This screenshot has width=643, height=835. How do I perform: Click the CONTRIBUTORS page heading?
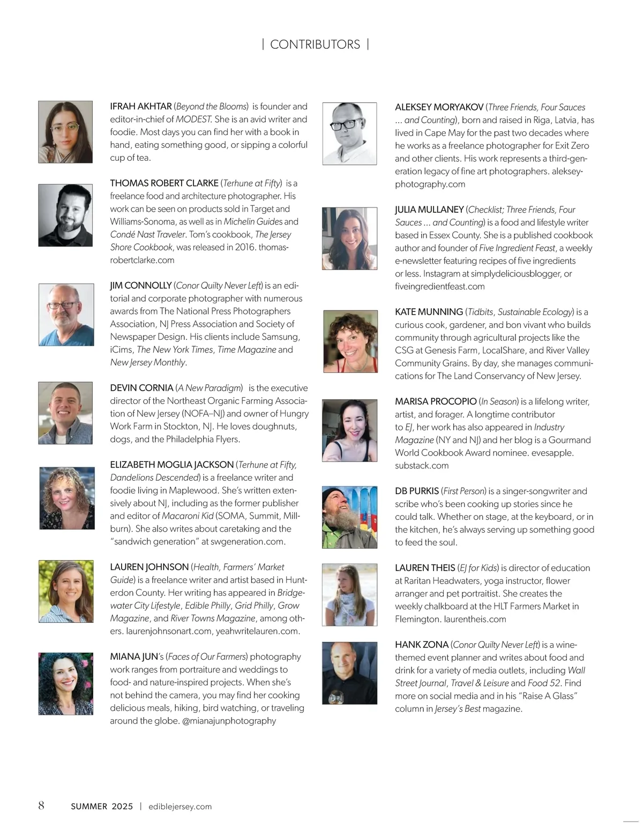click(x=315, y=44)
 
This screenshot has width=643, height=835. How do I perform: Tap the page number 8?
click(x=41, y=806)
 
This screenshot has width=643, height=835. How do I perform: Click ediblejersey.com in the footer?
click(x=180, y=807)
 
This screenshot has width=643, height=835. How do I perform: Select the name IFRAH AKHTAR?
click(x=141, y=107)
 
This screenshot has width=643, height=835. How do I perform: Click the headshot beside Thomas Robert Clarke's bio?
click(x=65, y=215)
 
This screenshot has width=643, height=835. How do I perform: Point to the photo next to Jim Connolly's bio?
click(x=66, y=315)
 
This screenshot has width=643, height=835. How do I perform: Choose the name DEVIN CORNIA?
click(x=141, y=388)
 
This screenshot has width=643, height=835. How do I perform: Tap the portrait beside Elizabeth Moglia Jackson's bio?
click(x=66, y=498)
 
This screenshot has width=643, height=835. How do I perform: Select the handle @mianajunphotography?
click(x=229, y=721)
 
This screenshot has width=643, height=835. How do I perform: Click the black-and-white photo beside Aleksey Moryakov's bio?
click(x=349, y=133)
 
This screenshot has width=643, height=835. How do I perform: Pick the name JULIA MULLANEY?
click(x=429, y=210)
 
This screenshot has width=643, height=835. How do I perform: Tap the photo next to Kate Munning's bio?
click(x=350, y=341)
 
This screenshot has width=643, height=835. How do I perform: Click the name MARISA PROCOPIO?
click(x=436, y=401)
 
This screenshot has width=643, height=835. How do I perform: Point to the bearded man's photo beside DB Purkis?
click(x=349, y=517)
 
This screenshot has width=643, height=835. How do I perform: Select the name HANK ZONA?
click(x=422, y=645)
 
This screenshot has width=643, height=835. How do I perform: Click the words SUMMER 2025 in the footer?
click(x=102, y=807)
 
